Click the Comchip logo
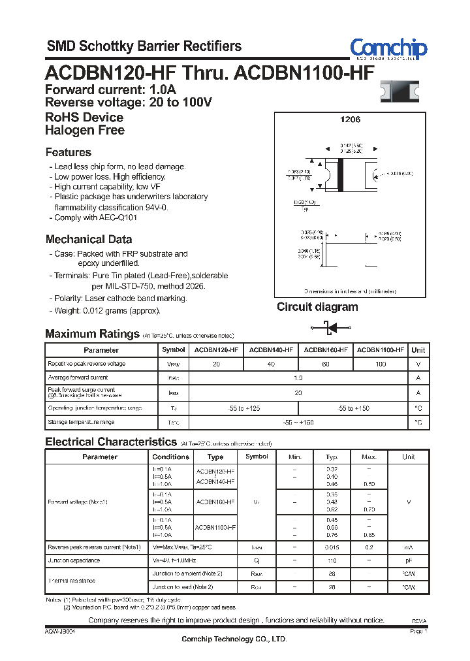pyautogui.click(x=388, y=48)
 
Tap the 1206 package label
pyautogui.click(x=350, y=120)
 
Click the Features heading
pyautogui.click(x=69, y=152)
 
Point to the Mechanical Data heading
pyautogui.click(x=89, y=239)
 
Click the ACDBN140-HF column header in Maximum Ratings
pyautogui.click(x=271, y=350)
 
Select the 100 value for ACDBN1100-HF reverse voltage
pyautogui.click(x=381, y=364)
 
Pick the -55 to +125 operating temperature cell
pyautogui.click(x=243, y=408)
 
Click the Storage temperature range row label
pyautogui.click(x=81, y=423)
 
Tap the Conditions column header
pyautogui.click(x=170, y=457)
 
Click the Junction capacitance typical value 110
pyautogui.click(x=332, y=560)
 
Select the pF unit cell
pyautogui.click(x=409, y=560)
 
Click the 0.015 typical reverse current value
pyautogui.click(x=332, y=547)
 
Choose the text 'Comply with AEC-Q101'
pyautogui.click(x=95, y=218)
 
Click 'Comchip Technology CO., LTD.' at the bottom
pyautogui.click(x=234, y=639)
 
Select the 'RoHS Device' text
pyautogui.click(x=84, y=118)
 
